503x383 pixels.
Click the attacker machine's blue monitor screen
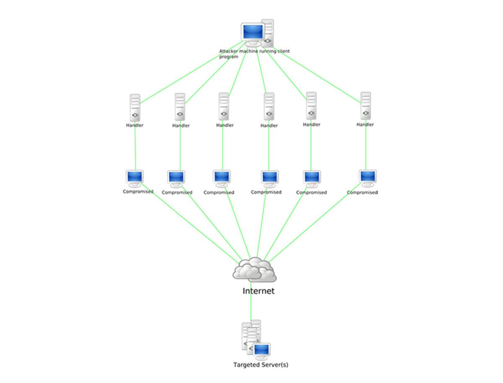[253, 31]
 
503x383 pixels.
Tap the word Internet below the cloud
[258, 291]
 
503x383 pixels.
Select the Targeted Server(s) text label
[261, 365]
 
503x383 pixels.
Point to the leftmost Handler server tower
[135, 107]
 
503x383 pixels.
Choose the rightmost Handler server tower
[366, 106]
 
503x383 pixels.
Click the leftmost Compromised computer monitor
[135, 177]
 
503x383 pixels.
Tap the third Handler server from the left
[224, 106]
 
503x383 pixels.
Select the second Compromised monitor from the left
[176, 178]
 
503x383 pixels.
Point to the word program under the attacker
[228, 57]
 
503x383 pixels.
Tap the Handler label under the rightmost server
[365, 124]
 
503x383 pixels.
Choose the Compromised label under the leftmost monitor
[138, 191]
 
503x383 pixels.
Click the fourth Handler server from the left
[269, 107]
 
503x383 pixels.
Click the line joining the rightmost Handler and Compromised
[366, 147]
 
